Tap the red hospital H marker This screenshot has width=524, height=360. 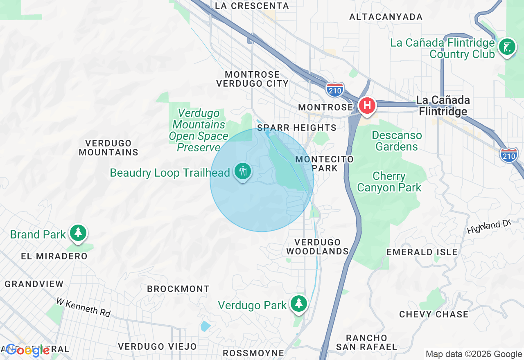[367, 105]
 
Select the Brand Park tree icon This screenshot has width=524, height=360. [78, 233]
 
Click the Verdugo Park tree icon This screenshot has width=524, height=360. [299, 304]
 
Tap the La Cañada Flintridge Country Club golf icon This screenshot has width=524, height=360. [507, 47]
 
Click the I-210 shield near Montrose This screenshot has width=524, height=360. [335, 89]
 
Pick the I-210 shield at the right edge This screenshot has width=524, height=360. [509, 155]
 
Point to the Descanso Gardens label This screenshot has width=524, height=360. [396, 141]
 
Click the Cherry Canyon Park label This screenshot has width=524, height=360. [389, 182]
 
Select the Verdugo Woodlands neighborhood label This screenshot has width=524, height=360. [317, 247]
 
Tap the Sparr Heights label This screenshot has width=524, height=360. [297, 128]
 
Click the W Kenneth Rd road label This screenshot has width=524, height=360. [84, 307]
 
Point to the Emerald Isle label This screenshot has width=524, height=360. [422, 252]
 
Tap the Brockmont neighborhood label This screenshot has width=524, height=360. [178, 289]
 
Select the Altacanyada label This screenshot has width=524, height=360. [386, 17]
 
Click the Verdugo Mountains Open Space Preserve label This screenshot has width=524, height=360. [199, 130]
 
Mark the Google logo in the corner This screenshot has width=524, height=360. [27, 350]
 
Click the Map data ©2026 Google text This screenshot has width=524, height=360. [474, 354]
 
